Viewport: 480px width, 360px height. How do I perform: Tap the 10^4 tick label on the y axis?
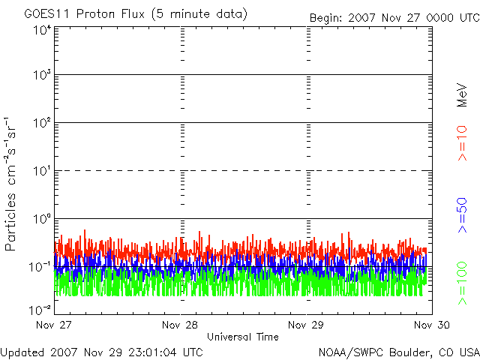coord(41,30)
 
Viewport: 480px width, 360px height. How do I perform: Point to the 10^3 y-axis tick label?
coord(41,76)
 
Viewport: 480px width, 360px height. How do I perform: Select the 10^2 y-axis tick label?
coord(41,123)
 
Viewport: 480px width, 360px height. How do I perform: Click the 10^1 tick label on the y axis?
coord(41,171)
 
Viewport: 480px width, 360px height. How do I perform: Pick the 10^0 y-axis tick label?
coord(41,219)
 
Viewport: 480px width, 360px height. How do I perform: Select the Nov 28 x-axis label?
coord(181,325)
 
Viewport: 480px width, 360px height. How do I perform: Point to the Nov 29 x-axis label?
coord(306,325)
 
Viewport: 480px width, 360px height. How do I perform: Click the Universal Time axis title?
coord(243,337)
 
